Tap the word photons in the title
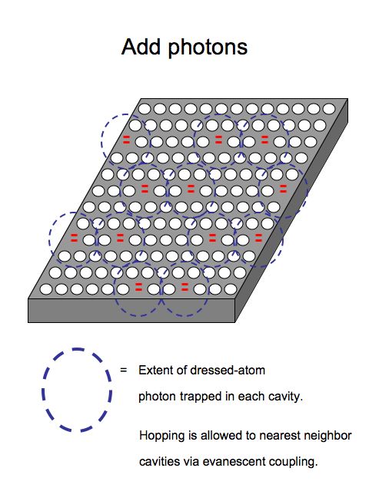click(x=208, y=48)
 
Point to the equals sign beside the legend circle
click(x=124, y=370)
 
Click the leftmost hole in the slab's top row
click(x=145, y=109)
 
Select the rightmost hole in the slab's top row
click(x=329, y=109)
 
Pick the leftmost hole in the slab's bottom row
click(x=46, y=289)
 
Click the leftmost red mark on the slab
click(x=74, y=238)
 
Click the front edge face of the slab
click(x=131, y=311)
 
